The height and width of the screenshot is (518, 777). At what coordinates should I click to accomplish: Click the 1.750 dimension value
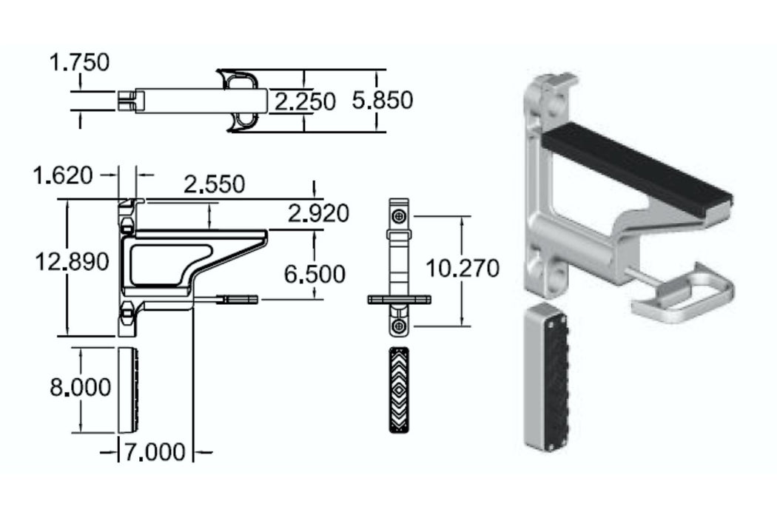(79, 63)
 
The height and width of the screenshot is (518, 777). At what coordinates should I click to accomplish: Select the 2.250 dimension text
(305, 101)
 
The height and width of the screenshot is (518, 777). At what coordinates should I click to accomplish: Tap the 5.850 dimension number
(382, 100)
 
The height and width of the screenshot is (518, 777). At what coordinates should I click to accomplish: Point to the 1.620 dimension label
(63, 175)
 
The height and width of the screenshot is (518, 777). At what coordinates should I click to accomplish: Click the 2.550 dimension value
(214, 184)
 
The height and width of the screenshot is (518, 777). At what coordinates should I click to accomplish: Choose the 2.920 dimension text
(318, 213)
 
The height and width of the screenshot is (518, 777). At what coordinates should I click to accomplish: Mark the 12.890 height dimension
(72, 261)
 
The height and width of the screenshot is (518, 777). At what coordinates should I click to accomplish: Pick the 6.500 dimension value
(314, 274)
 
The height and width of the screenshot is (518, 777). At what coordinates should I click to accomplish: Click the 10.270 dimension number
(462, 268)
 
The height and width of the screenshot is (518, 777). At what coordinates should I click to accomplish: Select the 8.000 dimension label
(80, 387)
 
